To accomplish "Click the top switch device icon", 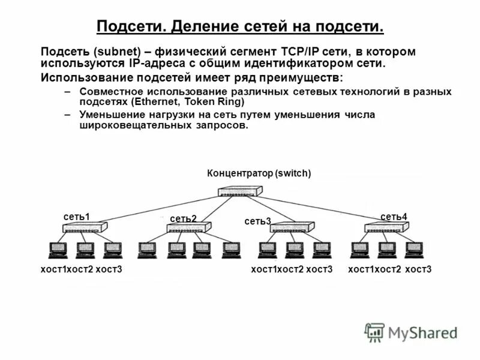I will [239, 192].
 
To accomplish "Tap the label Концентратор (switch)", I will [259, 174].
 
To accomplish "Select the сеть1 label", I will [76, 216].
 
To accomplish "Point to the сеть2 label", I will [184, 219].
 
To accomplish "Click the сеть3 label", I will [258, 221].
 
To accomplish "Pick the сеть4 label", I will [394, 216].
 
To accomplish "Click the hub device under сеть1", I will [85, 228].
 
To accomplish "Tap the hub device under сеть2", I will [189, 228].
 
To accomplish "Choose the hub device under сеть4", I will [386, 228].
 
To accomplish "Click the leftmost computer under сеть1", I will [58, 250].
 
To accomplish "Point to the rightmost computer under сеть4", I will [413, 250].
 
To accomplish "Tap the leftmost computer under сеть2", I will [147, 250].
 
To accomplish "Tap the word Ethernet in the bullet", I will [152, 101].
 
